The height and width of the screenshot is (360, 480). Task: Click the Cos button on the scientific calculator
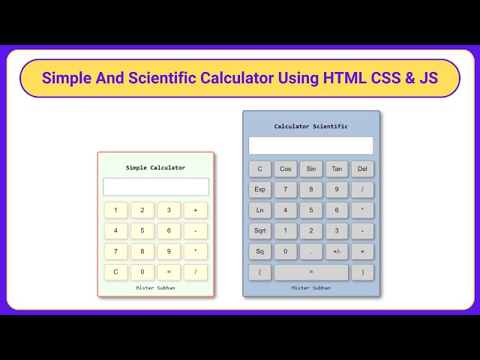click(x=285, y=169)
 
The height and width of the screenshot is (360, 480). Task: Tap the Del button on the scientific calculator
click(x=362, y=169)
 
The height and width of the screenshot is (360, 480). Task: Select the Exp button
click(x=259, y=190)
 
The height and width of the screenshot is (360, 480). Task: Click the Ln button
click(x=259, y=210)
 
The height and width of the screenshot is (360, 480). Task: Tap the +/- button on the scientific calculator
click(x=337, y=252)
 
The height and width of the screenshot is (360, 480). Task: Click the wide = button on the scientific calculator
click(x=311, y=272)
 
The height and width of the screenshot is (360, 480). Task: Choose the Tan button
click(x=337, y=169)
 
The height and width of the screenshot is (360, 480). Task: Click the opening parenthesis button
click(x=259, y=272)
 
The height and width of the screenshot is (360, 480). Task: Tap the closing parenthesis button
click(x=362, y=272)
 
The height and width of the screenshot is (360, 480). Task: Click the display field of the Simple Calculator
click(x=156, y=187)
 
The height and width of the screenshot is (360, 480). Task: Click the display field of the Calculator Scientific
click(x=310, y=145)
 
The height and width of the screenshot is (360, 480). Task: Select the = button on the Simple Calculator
click(x=169, y=272)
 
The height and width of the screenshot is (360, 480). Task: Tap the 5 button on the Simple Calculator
click(x=142, y=231)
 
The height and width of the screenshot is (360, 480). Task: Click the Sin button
click(x=311, y=169)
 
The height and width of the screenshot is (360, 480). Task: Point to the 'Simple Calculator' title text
click(x=155, y=168)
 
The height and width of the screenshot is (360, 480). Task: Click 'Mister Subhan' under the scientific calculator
click(x=310, y=288)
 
